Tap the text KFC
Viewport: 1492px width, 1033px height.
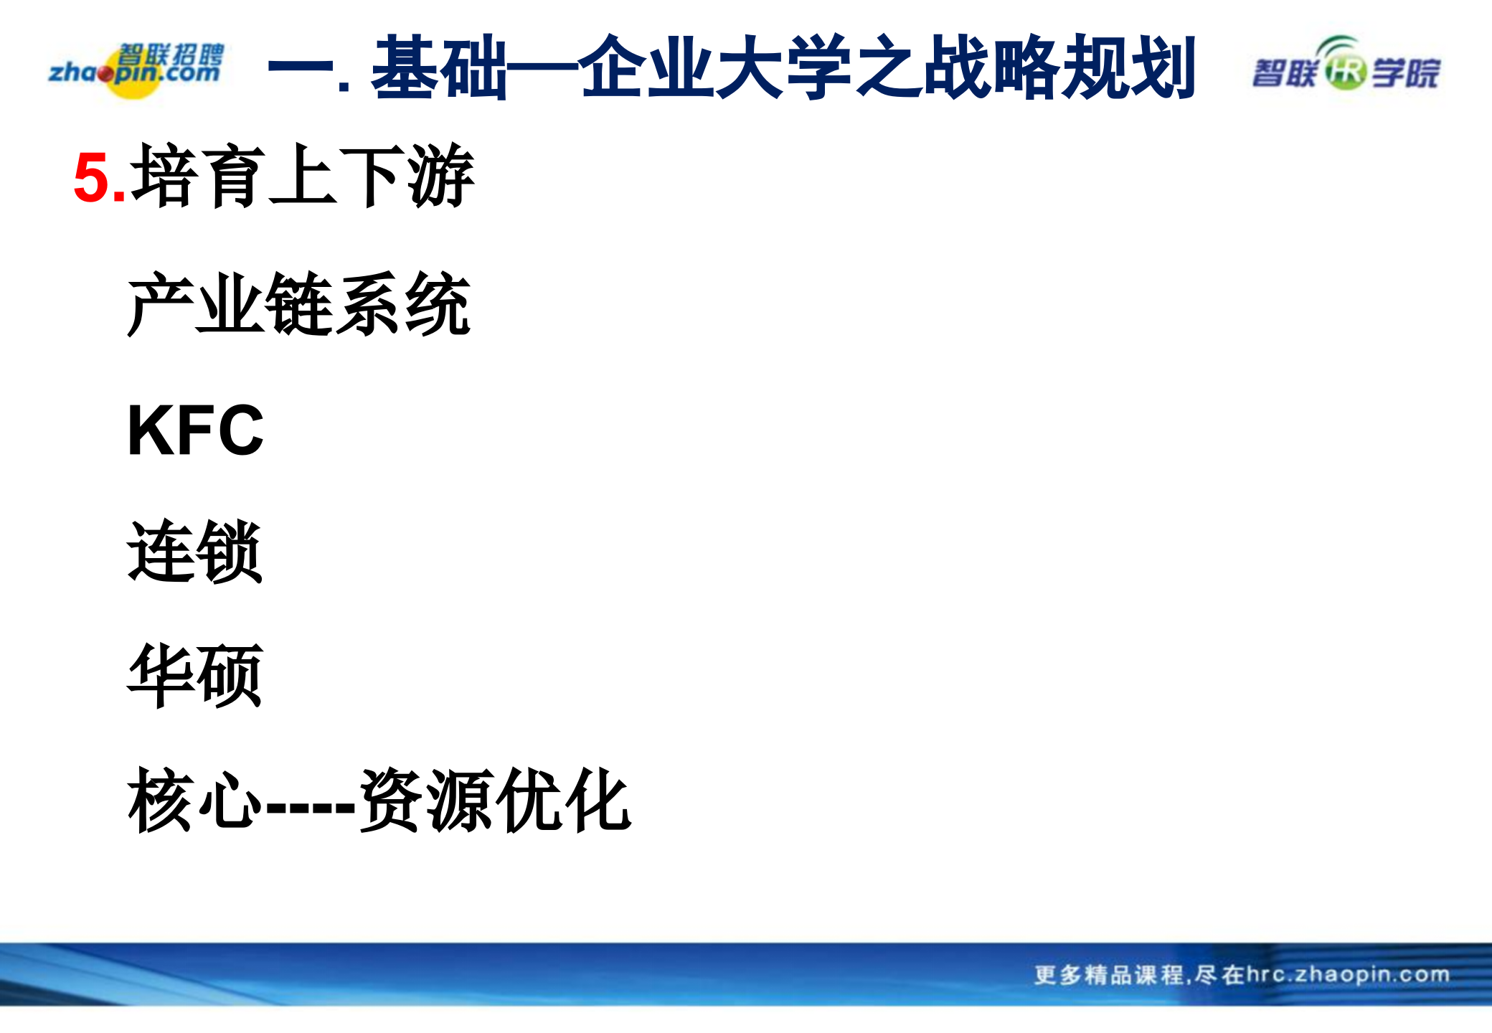(195, 430)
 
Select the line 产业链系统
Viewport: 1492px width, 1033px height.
(298, 304)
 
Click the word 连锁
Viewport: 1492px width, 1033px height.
(194, 552)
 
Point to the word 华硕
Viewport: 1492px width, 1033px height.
(194, 676)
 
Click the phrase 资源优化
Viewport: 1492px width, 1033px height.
(495, 800)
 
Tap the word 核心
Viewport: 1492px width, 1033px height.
(194, 800)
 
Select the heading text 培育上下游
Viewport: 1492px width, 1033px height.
(302, 176)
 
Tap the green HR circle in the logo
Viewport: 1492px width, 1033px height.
(1345, 72)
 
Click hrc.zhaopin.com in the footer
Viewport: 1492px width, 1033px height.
(1349, 974)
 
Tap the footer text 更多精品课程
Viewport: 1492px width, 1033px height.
(1108, 975)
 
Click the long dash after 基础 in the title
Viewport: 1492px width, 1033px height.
(542, 69)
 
